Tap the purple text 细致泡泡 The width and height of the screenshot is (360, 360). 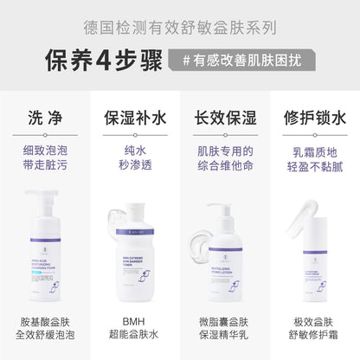click(45, 149)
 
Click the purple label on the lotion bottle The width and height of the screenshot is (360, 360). click(224, 277)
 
